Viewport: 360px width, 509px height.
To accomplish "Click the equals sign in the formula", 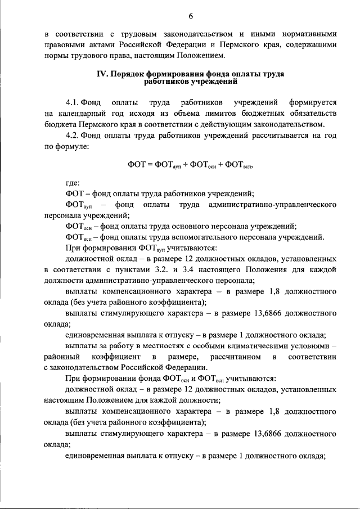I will click(x=151, y=165).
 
